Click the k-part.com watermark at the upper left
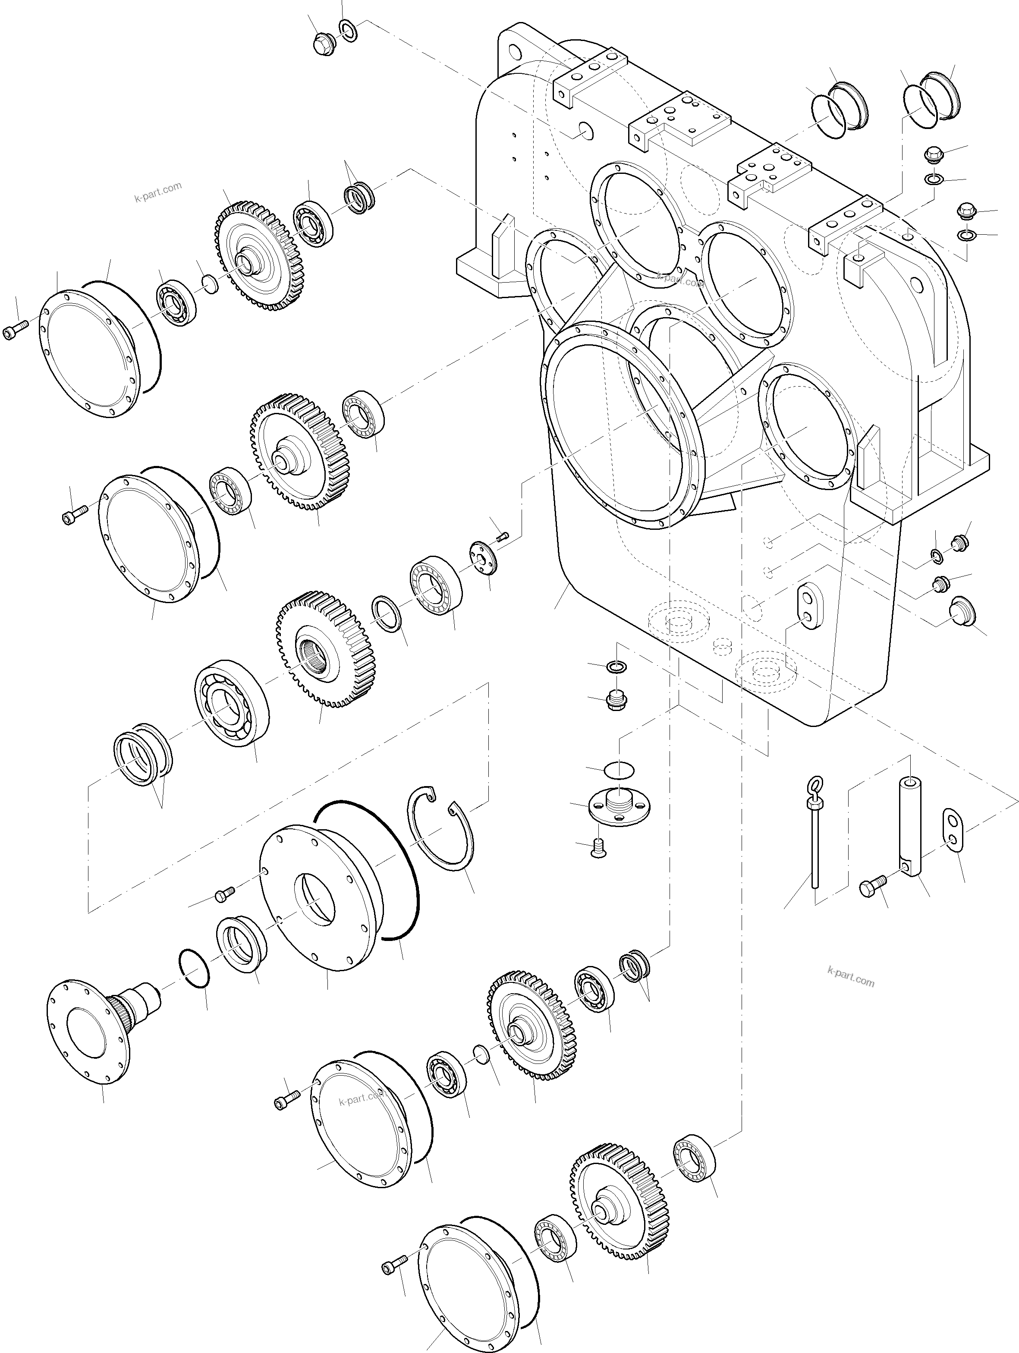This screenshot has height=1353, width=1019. (x=158, y=192)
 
